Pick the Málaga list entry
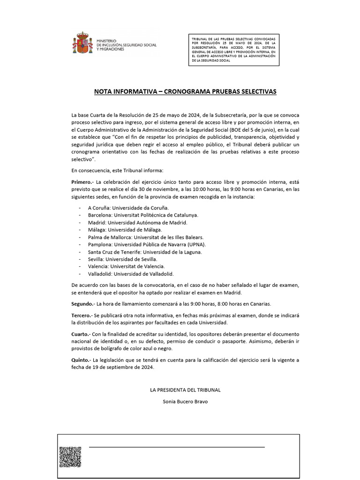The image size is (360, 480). pyautogui.click(x=125, y=230)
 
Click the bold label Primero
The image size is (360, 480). pyautogui.click(x=82, y=181)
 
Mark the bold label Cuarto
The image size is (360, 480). pyautogui.click(x=81, y=334)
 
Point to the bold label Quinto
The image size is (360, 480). pyautogui.click(x=81, y=360)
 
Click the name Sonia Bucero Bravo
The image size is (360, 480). pyautogui.click(x=185, y=402)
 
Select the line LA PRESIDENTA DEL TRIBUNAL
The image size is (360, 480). pyautogui.click(x=185, y=390)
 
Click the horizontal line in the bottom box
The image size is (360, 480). pyautogui.click(x=177, y=447)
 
